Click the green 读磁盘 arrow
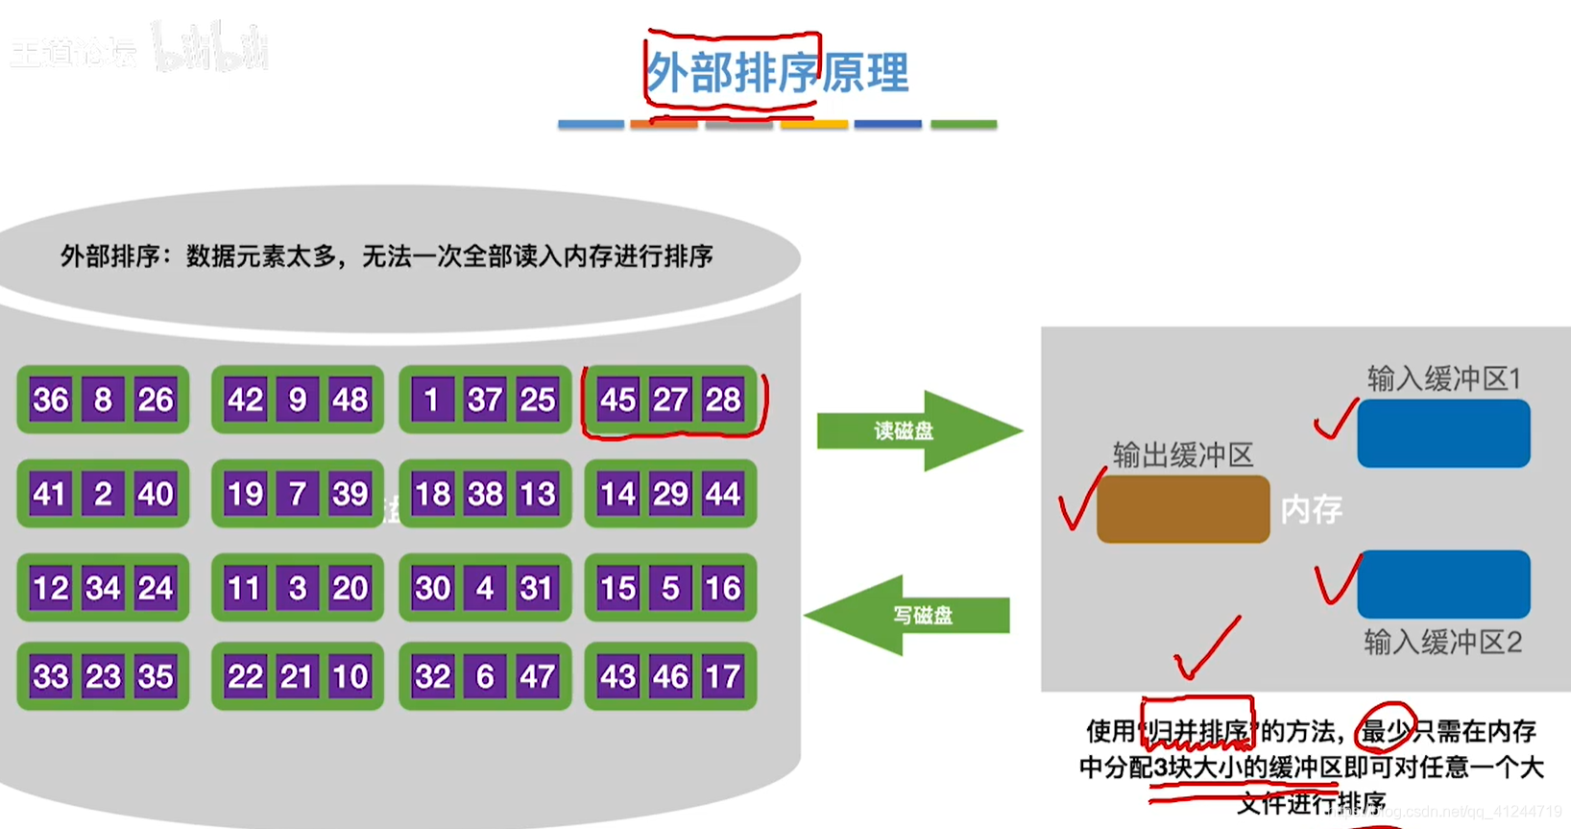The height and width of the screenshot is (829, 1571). point(912,430)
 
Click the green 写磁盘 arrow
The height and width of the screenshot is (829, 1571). point(912,615)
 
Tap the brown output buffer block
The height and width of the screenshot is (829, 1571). point(1183,509)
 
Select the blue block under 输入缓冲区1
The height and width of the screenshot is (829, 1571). point(1443,433)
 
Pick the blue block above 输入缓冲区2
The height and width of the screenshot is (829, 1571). point(1443,584)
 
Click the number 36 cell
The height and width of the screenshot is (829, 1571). point(51,400)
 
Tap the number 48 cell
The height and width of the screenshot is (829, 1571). point(350,400)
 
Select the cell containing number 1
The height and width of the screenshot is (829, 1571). point(431,400)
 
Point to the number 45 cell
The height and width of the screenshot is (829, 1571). point(617,400)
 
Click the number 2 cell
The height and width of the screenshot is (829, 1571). point(103,494)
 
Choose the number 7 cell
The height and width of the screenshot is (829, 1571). point(298,494)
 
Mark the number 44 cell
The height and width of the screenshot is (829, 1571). point(722,494)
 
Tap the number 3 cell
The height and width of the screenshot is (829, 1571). point(298,588)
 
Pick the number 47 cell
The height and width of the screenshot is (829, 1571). point(537,676)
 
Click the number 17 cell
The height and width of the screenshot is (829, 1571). point(722,676)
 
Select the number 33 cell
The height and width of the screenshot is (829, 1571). point(51,676)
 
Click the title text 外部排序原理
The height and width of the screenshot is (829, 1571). point(778,73)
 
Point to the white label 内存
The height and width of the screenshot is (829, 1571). point(1311,509)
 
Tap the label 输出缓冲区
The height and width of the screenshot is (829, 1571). point(1183,454)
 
